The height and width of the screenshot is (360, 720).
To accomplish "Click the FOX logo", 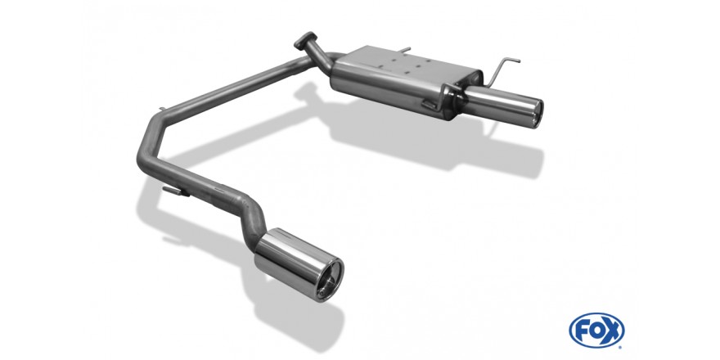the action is (596, 331).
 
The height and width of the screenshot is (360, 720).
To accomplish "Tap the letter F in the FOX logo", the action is (582, 331).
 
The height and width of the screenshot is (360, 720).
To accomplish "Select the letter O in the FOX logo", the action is (596, 331).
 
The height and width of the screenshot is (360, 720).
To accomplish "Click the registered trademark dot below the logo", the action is (621, 347).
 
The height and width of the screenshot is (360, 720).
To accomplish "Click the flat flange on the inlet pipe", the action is (305, 40).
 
